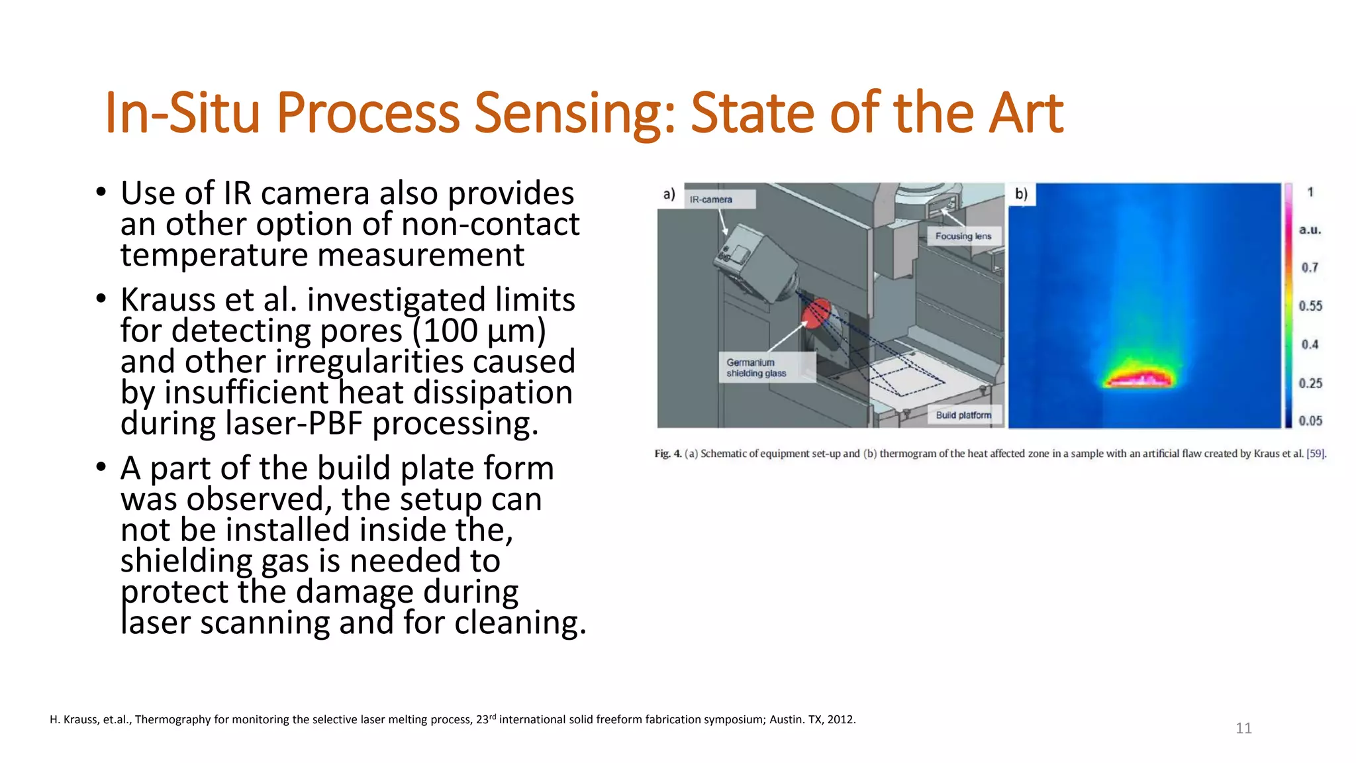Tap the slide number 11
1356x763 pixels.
click(1243, 729)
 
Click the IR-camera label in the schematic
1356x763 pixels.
click(711, 199)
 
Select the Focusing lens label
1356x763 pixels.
click(963, 236)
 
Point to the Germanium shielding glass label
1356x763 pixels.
click(756, 368)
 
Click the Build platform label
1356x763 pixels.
click(963, 415)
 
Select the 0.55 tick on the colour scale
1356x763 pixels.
click(1310, 306)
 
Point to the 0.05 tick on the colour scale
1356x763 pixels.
click(1310, 421)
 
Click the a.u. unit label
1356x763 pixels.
click(1309, 230)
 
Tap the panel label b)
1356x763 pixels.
click(1022, 193)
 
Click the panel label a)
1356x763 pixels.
click(669, 194)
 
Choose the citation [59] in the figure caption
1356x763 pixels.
click(1315, 454)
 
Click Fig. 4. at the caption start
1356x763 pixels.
click(667, 454)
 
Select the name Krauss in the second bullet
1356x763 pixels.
click(168, 300)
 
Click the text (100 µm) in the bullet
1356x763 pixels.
click(479, 331)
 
